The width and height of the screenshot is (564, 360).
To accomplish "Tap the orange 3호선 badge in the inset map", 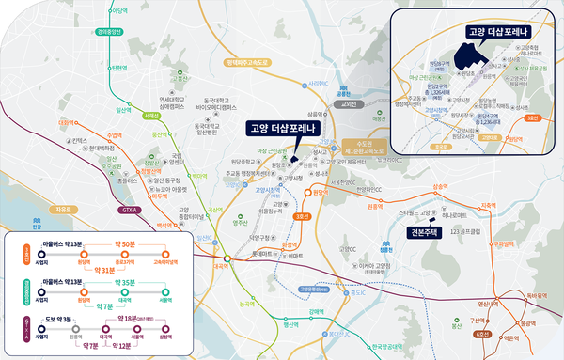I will [x=533, y=118].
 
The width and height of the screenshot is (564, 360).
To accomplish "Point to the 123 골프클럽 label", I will [x=466, y=231].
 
